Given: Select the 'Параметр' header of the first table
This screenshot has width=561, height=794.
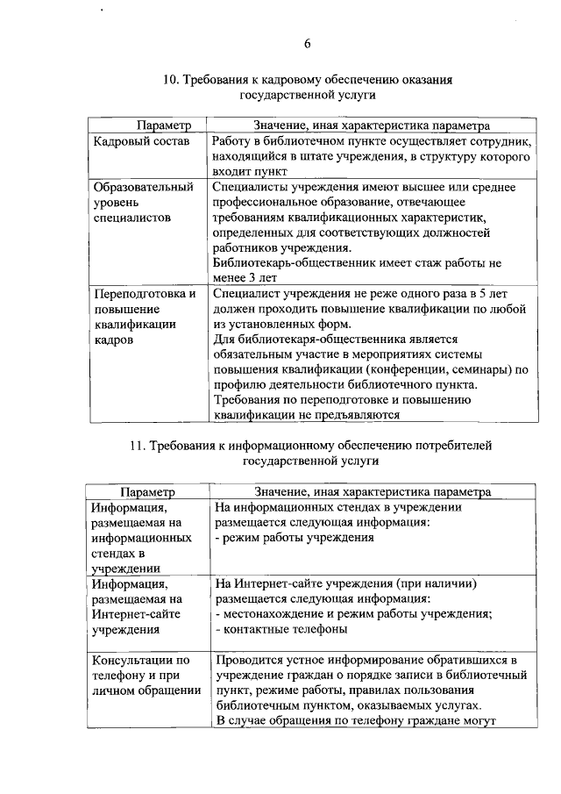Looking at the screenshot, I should coord(163,125).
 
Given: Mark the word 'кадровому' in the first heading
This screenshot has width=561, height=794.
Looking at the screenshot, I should coord(282,80).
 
